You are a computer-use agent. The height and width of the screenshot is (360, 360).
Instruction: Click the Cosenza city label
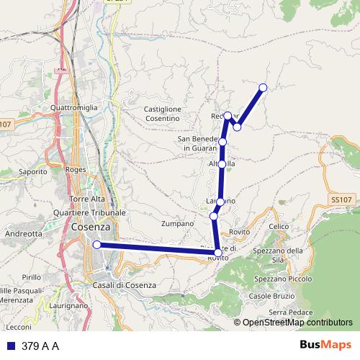[91, 228]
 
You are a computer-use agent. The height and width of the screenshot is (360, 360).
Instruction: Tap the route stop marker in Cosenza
[96, 245]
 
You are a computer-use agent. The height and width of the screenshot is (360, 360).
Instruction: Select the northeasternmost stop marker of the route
[263, 88]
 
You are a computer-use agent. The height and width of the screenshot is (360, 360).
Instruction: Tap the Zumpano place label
[178, 224]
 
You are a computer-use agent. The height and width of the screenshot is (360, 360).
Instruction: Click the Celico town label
[279, 227]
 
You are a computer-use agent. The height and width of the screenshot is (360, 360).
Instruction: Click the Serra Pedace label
[291, 311]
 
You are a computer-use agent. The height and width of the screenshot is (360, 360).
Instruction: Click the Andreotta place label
[23, 234]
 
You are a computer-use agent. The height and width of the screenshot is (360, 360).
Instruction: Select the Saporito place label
[32, 172]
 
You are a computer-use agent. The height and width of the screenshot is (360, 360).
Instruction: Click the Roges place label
[75, 171]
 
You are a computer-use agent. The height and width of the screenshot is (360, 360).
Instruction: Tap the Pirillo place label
[32, 276]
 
